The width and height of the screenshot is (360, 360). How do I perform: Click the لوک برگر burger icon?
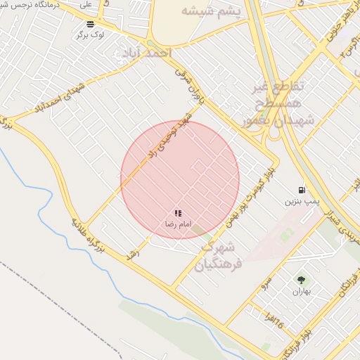pos(90,24)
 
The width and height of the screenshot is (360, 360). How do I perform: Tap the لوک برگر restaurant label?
pos(92,34)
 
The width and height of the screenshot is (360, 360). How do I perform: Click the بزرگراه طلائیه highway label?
pos(88,236)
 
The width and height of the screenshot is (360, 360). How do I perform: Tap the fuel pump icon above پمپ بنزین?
pos(302,189)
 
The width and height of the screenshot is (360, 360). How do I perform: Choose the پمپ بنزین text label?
pos(302,201)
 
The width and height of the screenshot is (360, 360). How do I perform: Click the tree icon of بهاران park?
pos(301,280)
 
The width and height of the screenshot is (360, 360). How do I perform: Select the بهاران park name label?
pos(301,291)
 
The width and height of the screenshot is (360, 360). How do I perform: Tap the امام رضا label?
pos(175,224)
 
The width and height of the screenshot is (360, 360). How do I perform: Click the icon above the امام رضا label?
pos(178,212)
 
